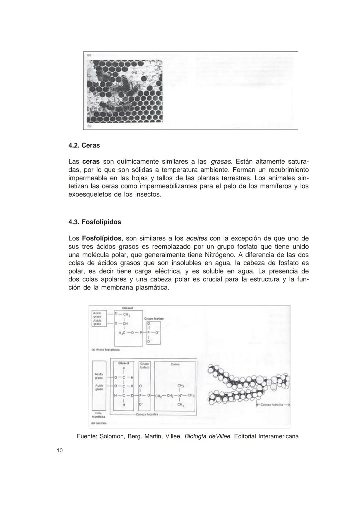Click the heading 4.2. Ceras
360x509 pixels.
pyautogui.click(x=84, y=146)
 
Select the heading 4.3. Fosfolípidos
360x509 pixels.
pyautogui.click(x=95, y=222)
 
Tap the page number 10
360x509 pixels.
pyautogui.click(x=60, y=451)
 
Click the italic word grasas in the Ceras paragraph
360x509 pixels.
pyautogui.click(x=221, y=162)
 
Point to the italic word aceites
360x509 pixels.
pyautogui.click(x=197, y=239)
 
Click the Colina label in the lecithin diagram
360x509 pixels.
pyautogui.click(x=175, y=364)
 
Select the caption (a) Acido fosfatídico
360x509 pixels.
pyautogui.click(x=105, y=350)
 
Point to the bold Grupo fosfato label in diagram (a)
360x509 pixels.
pyautogui.click(x=154, y=319)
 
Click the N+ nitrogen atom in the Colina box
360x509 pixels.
pyautogui.click(x=180, y=396)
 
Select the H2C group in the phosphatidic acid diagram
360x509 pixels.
pyautogui.click(x=122, y=333)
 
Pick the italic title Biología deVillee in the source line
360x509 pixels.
pyautogui.click(x=208, y=436)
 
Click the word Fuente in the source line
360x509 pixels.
pyautogui.click(x=87, y=436)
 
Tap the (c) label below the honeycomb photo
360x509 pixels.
pyautogui.click(x=89, y=127)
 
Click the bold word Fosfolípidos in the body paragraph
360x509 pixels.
pyautogui.click(x=101, y=239)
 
